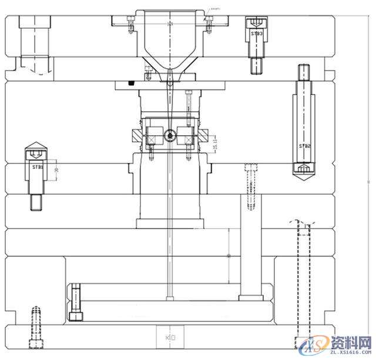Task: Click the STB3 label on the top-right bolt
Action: (x=257, y=34)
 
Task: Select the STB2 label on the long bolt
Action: (x=304, y=145)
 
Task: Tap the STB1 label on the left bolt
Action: (x=38, y=167)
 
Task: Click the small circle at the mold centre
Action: (x=170, y=136)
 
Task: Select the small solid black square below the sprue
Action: (x=132, y=82)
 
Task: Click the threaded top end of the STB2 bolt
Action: (x=304, y=72)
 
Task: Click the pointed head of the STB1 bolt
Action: (x=37, y=146)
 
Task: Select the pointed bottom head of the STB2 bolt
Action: (x=304, y=171)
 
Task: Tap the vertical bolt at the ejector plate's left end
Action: (x=75, y=302)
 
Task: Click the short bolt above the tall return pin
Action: (x=250, y=185)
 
